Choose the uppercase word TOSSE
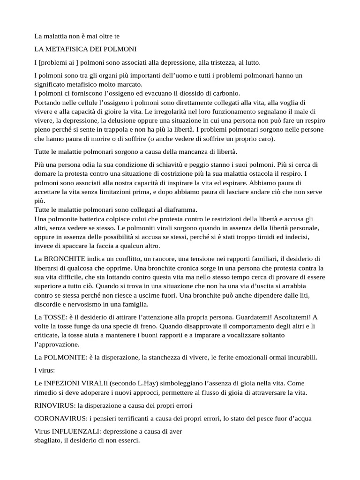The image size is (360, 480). pyautogui.click(x=57, y=317)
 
